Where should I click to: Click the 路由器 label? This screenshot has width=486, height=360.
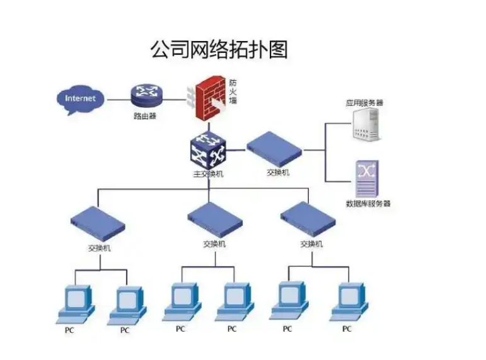[145, 116]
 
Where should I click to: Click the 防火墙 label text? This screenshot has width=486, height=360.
[233, 92]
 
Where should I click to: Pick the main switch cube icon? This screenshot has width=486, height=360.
[208, 150]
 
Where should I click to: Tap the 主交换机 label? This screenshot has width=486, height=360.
[208, 173]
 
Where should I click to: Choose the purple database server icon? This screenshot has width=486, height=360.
[366, 178]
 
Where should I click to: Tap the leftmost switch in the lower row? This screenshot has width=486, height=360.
[98, 224]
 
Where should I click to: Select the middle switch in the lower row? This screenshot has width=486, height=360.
[214, 219]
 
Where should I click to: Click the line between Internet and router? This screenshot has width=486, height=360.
[117, 99]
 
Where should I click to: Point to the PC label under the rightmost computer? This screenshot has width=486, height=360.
[347, 328]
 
